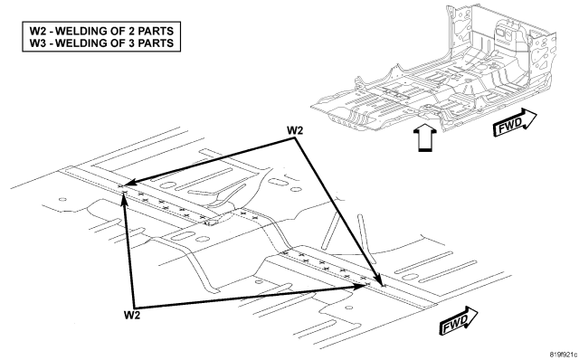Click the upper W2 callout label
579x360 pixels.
(x=295, y=130)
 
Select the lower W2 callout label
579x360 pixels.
(x=132, y=315)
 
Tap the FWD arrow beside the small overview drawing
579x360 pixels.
(x=515, y=123)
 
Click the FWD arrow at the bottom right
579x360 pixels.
(x=459, y=321)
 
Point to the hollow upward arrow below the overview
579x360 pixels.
(x=425, y=137)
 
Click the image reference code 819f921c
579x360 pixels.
(x=563, y=355)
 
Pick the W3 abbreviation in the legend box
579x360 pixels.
(x=38, y=43)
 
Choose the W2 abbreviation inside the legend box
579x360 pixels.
(x=38, y=31)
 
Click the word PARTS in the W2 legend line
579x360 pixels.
(x=156, y=31)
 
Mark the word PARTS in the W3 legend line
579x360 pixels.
(x=156, y=43)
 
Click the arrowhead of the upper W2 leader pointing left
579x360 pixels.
(x=129, y=183)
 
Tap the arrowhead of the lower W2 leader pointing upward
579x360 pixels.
(x=125, y=198)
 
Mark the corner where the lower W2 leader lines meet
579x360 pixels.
(x=134, y=308)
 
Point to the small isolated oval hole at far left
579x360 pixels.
(x=62, y=200)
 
